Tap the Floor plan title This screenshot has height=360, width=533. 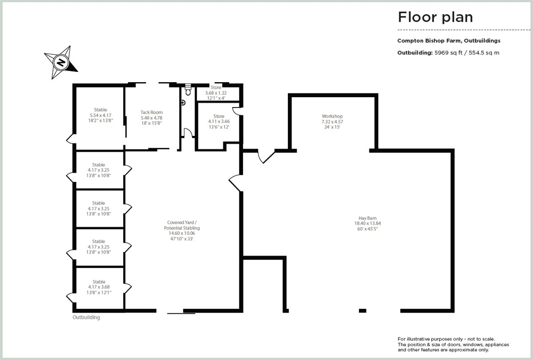point(435,17)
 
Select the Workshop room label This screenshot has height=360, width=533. point(332,116)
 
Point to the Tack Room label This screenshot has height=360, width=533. point(151,113)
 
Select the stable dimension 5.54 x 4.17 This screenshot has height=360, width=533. point(100,115)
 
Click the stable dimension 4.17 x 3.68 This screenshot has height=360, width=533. point(99,287)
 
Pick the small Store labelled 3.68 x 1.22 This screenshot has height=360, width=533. point(215,93)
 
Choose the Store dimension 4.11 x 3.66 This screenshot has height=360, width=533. point(219,121)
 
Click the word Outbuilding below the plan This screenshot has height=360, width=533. point(86,318)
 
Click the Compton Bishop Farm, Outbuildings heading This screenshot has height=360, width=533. point(449,40)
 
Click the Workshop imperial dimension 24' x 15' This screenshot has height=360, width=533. point(332,127)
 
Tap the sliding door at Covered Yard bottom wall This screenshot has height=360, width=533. point(181,313)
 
